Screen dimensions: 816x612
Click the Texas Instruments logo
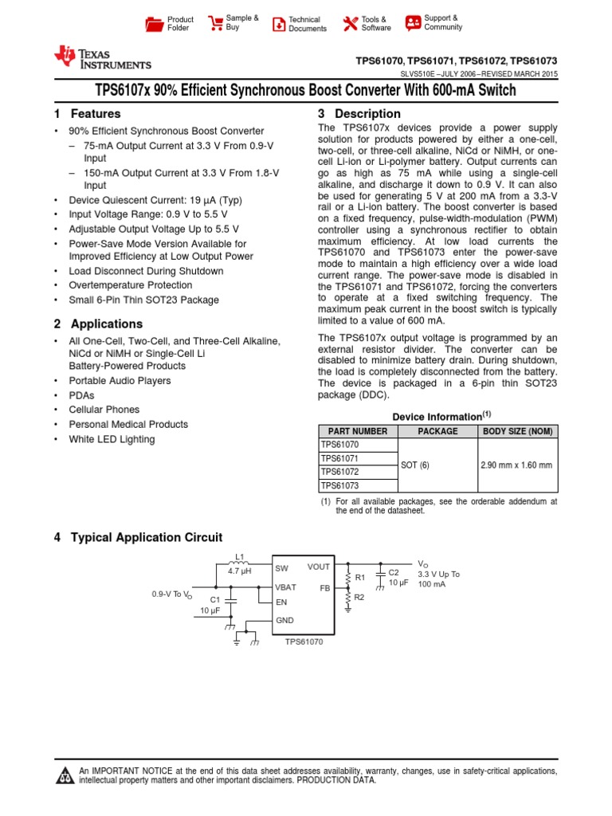click(x=102, y=57)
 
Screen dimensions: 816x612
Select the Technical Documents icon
click(x=278, y=24)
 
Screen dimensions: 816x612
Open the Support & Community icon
click(x=413, y=22)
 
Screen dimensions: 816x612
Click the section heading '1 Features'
click(x=88, y=114)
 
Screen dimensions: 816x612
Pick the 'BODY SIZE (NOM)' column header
click(x=517, y=431)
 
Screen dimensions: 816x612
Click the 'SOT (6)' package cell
click(x=415, y=465)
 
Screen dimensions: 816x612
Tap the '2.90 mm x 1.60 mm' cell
click(x=516, y=465)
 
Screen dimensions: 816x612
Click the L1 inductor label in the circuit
click(x=240, y=556)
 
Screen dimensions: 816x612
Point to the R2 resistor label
click(x=359, y=597)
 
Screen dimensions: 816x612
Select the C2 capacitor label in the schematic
click(x=394, y=572)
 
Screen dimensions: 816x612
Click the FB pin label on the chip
click(x=325, y=587)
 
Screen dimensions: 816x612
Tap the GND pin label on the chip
click(x=285, y=619)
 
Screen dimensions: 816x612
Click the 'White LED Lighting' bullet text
click(x=112, y=439)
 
